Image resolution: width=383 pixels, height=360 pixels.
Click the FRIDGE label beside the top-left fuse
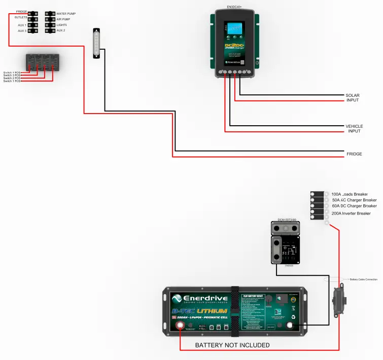pos(21,12)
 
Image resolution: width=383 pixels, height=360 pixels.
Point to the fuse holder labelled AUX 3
pos(33,30)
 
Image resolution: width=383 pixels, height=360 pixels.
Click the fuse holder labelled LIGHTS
pos(49,25)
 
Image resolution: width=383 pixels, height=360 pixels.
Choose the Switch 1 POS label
pos(12,81)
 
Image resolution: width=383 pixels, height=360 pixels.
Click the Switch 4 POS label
pos(12,73)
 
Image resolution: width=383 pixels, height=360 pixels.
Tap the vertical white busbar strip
pos(96,44)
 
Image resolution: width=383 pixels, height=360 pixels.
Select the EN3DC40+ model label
pos(234,8)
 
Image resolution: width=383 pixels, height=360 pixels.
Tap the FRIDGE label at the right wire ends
pos(354,154)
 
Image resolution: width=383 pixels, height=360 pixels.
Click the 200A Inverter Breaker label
pos(351,213)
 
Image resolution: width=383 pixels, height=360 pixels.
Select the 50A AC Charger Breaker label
pos(354,200)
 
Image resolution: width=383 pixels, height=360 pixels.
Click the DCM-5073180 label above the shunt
pos(287,220)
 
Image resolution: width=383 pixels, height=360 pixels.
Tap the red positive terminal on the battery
pos(181,326)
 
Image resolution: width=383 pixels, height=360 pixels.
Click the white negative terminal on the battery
pos(291,326)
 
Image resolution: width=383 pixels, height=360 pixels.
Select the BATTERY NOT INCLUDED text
pos(232,345)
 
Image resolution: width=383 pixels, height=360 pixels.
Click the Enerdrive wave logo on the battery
pos(178,298)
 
